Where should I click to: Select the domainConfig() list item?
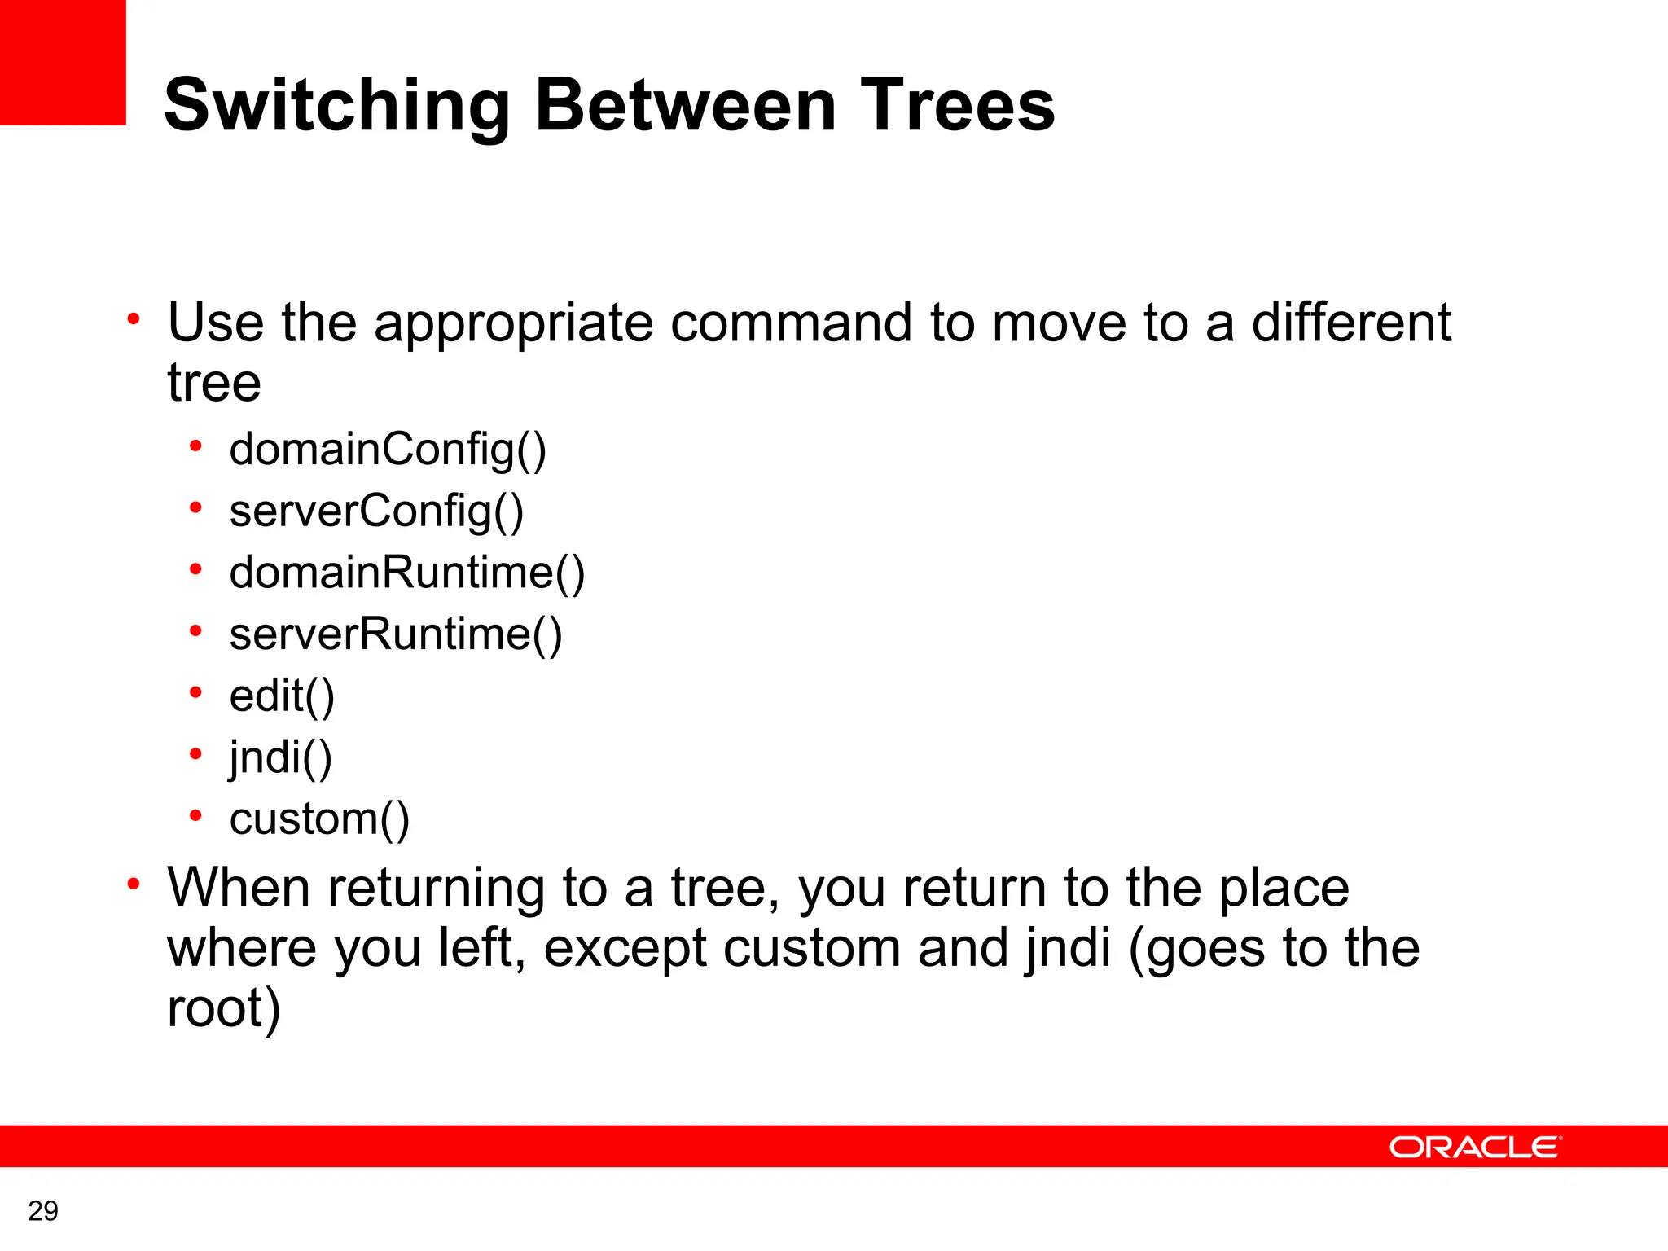pyautogui.click(x=388, y=450)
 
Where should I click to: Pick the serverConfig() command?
pyautogui.click(x=376, y=511)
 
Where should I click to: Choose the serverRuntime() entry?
pyautogui.click(x=396, y=634)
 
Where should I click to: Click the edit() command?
pyautogui.click(x=282, y=696)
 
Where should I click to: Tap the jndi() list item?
pyautogui.click(x=280, y=758)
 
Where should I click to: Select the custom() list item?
pyautogui.click(x=319, y=819)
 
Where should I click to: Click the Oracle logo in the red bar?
pyautogui.click(x=1475, y=1147)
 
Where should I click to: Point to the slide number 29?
pyautogui.click(x=42, y=1211)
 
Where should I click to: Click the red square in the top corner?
pyautogui.click(x=63, y=63)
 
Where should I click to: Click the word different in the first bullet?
pyautogui.click(x=1351, y=322)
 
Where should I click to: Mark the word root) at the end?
pyautogui.click(x=223, y=1009)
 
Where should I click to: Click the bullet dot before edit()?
pyautogui.click(x=195, y=693)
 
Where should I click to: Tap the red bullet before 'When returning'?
pyautogui.click(x=134, y=884)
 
